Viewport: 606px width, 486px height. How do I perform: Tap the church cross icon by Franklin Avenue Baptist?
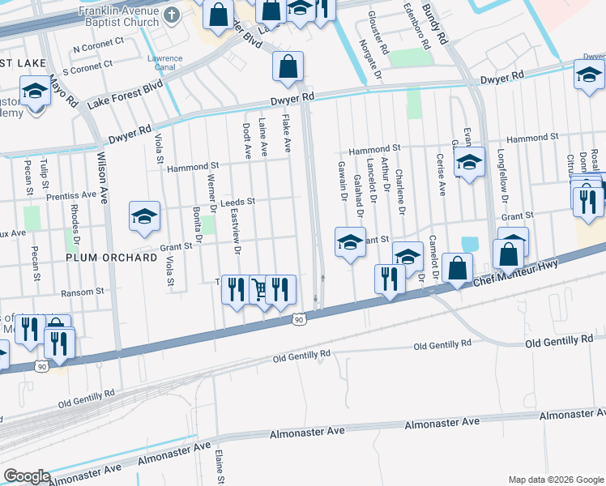point(171,15)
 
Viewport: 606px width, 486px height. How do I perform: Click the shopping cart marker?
point(260,289)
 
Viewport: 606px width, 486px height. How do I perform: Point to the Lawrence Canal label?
point(164,63)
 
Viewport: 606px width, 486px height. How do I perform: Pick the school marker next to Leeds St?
point(144,215)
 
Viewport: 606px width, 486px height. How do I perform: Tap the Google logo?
point(27,476)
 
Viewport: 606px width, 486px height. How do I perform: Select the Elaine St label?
point(219,466)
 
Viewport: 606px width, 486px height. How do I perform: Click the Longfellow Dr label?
point(503,182)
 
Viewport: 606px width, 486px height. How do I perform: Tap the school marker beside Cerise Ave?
point(468,162)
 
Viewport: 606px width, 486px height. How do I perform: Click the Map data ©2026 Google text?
point(555,479)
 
